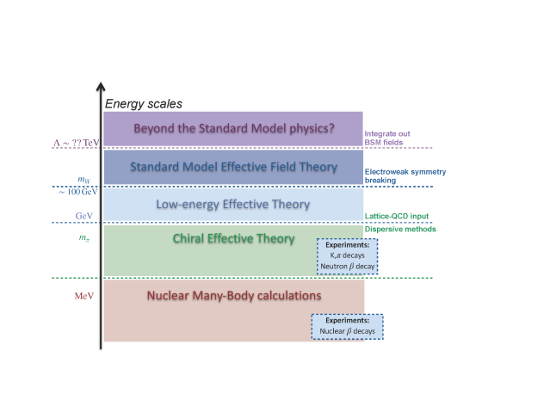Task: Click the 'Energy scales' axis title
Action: click(x=143, y=104)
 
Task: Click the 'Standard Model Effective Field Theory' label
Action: click(x=232, y=167)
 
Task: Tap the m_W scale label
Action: click(x=83, y=180)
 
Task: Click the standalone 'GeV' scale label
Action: click(x=83, y=216)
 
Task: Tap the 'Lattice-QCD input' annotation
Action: click(x=396, y=216)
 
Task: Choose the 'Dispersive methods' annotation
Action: click(x=400, y=230)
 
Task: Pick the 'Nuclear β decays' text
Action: click(x=347, y=329)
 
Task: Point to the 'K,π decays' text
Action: click(x=347, y=256)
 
